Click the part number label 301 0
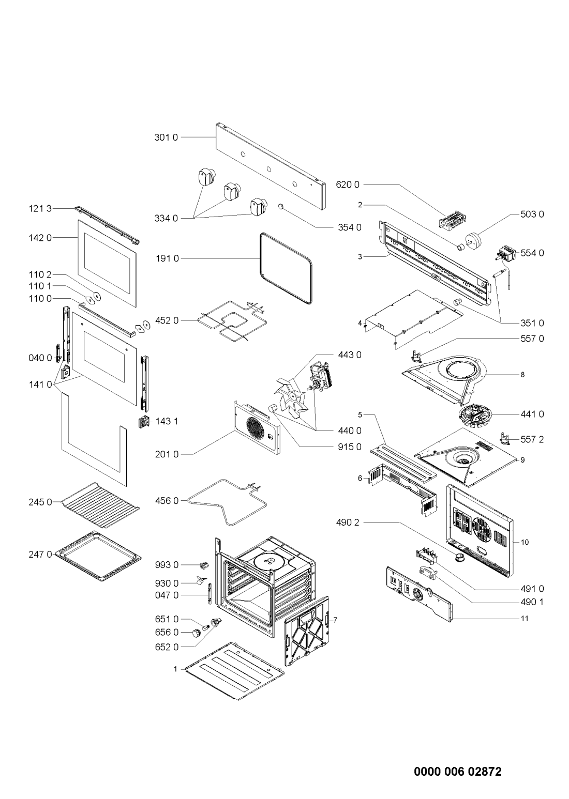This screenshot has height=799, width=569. pos(166,137)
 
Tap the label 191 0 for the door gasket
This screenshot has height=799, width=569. pos(168,258)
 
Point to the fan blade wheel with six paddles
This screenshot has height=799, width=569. pos(291,396)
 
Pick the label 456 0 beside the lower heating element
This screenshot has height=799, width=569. pos(167,501)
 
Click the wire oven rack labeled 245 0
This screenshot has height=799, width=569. pos(100,505)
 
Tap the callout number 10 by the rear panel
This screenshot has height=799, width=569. pos(525,543)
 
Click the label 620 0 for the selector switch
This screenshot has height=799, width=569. pos(348,185)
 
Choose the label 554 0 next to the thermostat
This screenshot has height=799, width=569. pos(532,253)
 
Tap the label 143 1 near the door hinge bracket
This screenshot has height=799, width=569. pos(167,421)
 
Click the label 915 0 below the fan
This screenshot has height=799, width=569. pos(350,447)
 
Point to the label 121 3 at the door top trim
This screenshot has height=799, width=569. pos(40,209)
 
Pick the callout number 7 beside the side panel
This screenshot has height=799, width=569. pos(335,620)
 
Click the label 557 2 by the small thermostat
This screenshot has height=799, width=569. pos(532,439)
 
